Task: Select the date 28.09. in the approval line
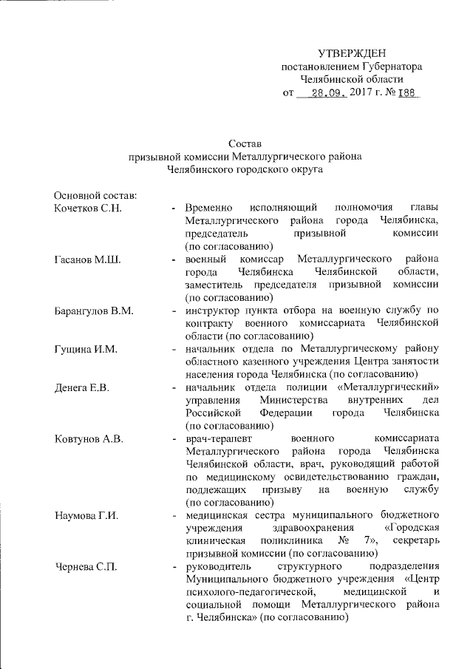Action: click(x=327, y=95)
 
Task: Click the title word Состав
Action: click(x=245, y=143)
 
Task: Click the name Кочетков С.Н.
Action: click(x=87, y=208)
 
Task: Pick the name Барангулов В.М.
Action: click(x=94, y=310)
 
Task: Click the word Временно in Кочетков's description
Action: click(x=209, y=208)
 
